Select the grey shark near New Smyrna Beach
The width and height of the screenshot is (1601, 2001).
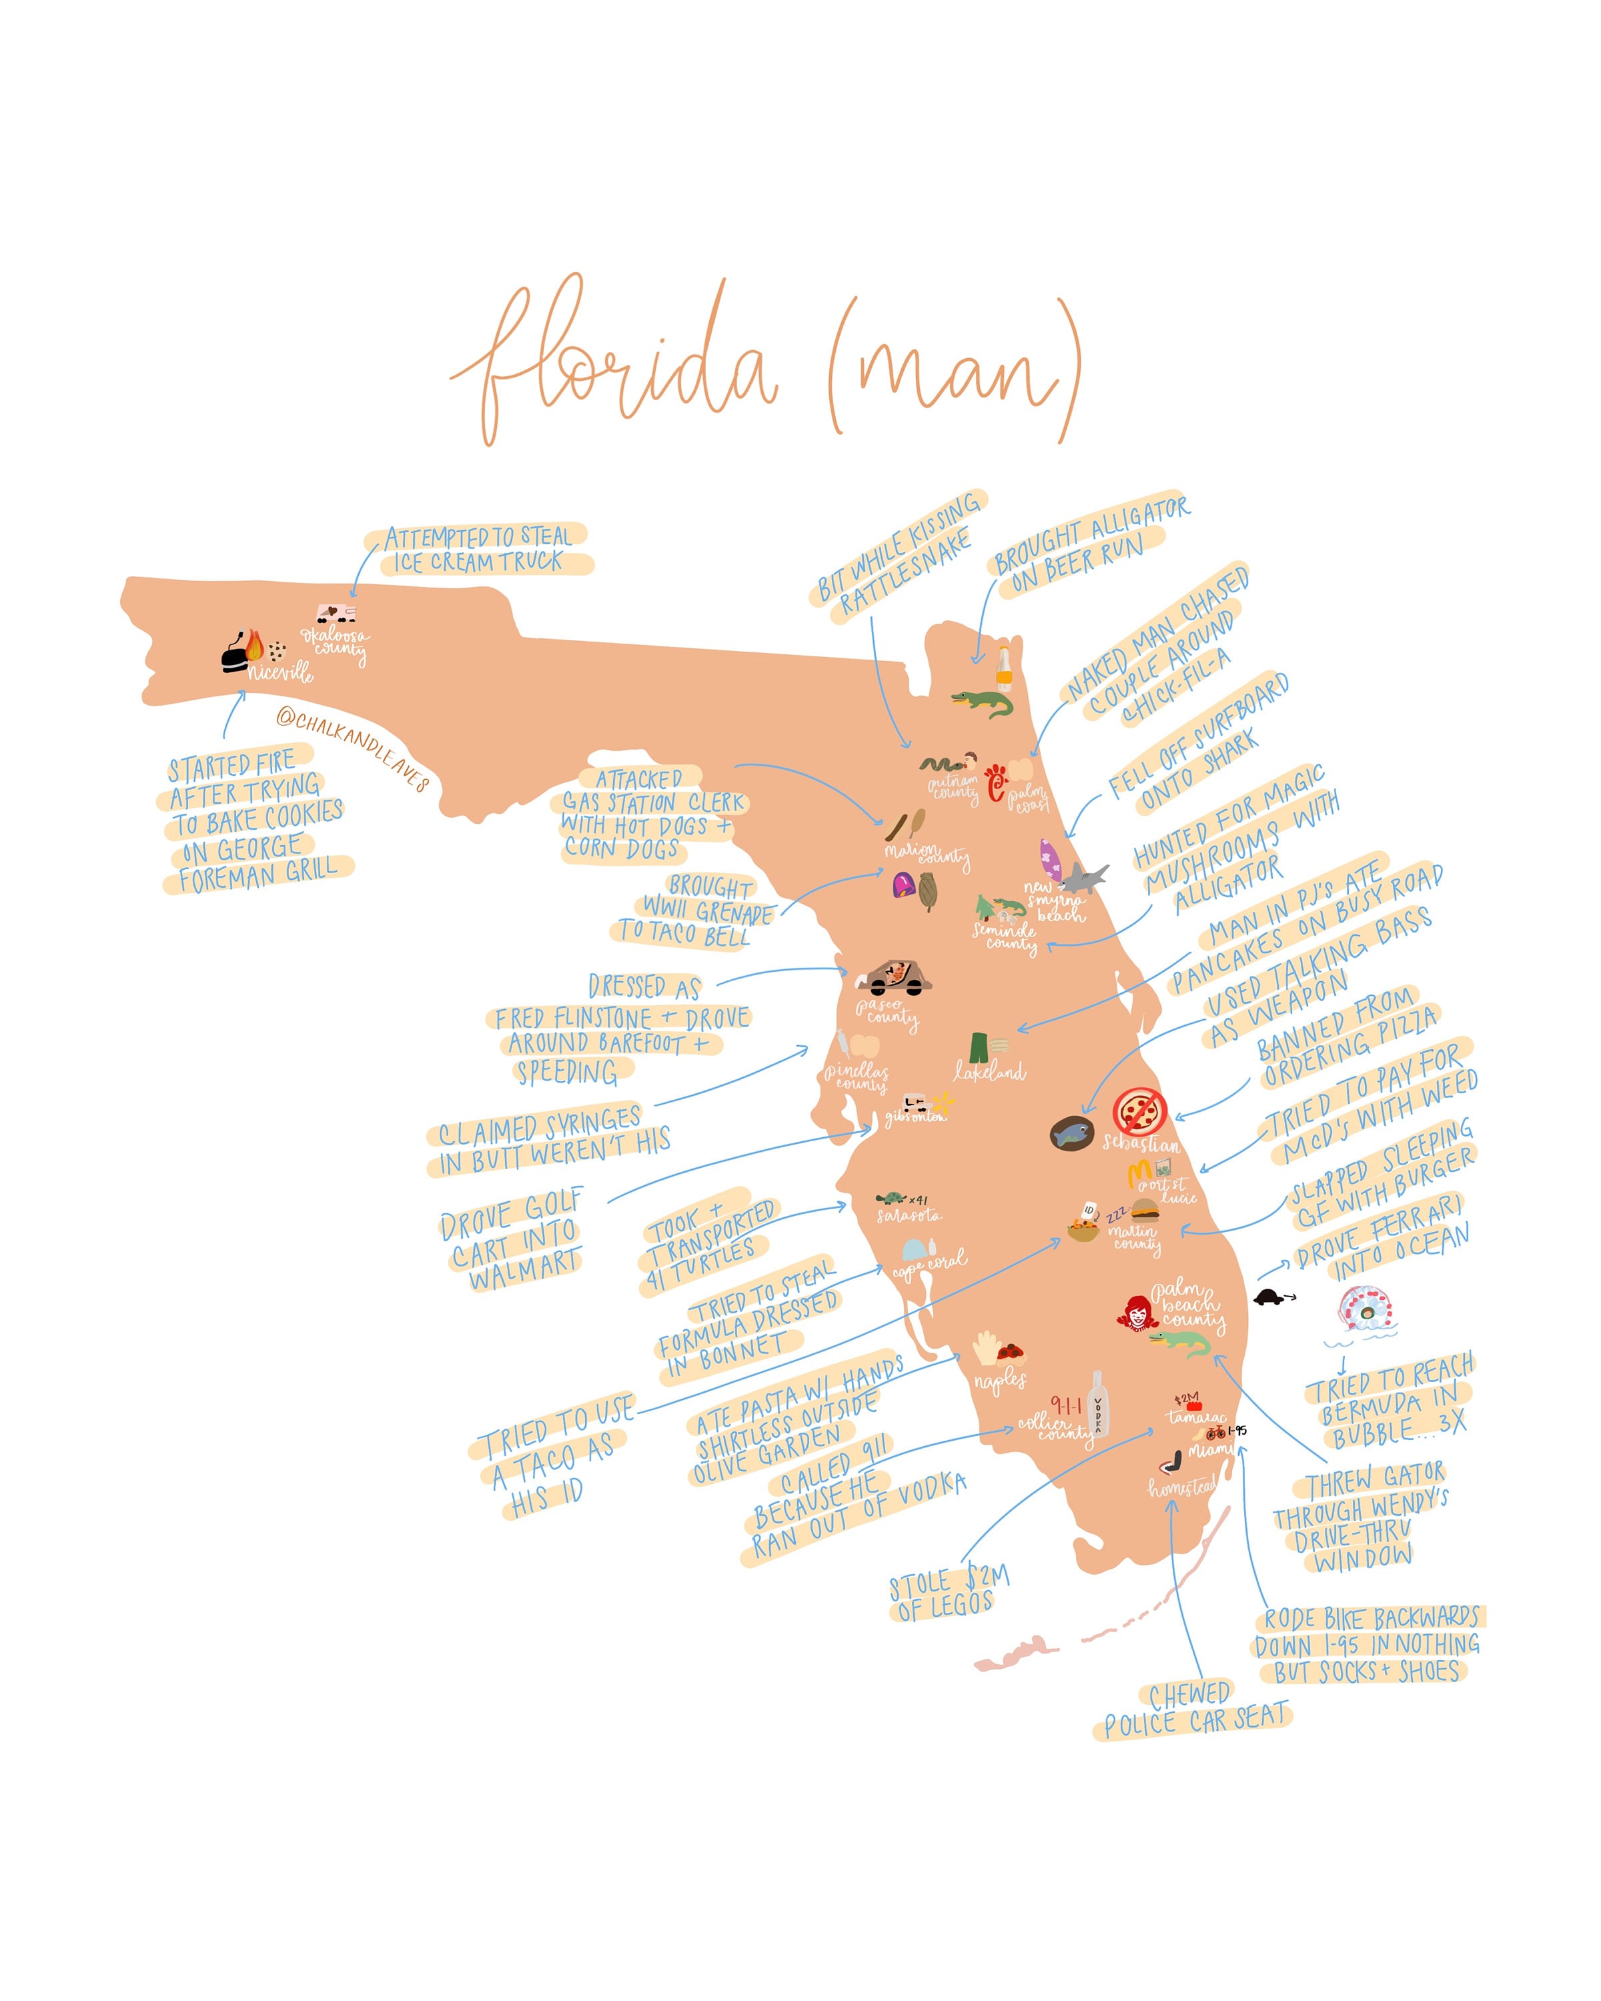click(1083, 877)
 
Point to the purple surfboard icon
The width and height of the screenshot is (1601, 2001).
click(1050, 859)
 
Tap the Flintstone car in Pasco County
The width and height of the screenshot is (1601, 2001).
click(894, 976)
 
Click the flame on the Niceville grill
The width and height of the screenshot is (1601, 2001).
click(254, 644)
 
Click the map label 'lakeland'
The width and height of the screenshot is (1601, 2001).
click(989, 1072)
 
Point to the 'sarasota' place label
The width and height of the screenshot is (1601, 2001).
click(909, 1215)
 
